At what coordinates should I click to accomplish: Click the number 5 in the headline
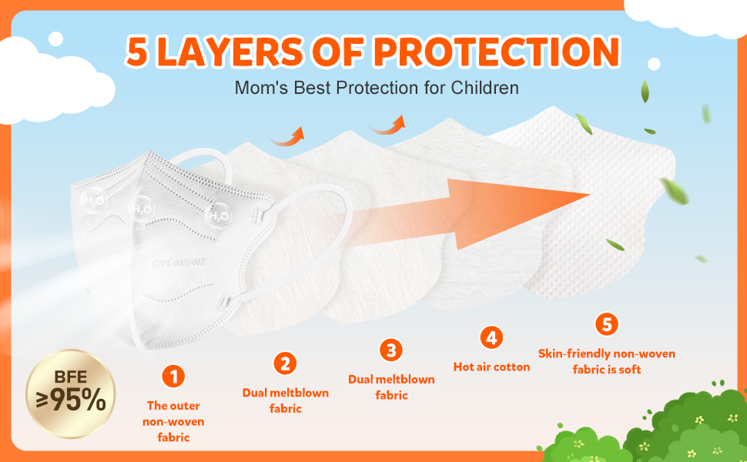[x=137, y=51]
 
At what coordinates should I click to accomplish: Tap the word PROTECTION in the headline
[x=497, y=51]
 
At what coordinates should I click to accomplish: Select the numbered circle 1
[x=173, y=377]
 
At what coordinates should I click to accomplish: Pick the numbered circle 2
[x=285, y=364]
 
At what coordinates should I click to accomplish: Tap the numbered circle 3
[x=391, y=350]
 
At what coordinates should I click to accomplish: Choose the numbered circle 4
[x=491, y=338]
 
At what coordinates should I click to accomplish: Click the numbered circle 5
[x=607, y=324]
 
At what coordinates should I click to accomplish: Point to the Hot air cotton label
[x=491, y=367]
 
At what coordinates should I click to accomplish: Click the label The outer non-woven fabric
[x=173, y=421]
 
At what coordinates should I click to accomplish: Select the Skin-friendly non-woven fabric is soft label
[x=607, y=361]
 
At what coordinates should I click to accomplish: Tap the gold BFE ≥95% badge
[x=71, y=394]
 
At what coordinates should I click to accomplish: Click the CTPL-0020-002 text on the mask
[x=178, y=263]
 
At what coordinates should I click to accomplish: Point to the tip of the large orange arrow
[x=591, y=194]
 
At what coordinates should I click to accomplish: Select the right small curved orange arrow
[x=387, y=125]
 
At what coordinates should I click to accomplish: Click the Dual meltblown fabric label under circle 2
[x=286, y=400]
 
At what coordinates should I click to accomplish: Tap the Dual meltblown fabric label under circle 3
[x=392, y=387]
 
